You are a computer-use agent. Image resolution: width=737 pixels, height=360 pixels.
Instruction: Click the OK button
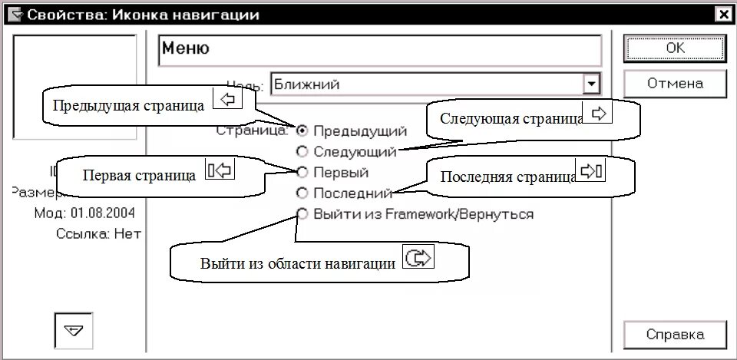pyautogui.click(x=675, y=48)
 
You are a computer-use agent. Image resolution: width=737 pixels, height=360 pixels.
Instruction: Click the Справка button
pyautogui.click(x=675, y=335)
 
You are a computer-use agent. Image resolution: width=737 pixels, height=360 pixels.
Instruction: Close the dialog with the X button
pyautogui.click(x=722, y=15)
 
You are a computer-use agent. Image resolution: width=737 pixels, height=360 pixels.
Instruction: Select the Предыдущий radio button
pyautogui.click(x=302, y=131)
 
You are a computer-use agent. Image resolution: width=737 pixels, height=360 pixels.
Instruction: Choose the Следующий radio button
pyautogui.click(x=302, y=151)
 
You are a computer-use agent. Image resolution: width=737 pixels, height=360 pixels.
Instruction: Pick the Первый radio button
pyautogui.click(x=302, y=172)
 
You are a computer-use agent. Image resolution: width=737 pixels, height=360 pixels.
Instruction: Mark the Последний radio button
pyautogui.click(x=302, y=193)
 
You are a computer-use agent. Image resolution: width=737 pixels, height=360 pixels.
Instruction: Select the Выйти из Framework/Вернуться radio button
pyautogui.click(x=302, y=213)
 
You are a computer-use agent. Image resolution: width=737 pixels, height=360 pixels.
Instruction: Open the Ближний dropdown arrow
pyautogui.click(x=591, y=84)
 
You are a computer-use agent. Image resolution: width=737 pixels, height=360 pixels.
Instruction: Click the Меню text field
pyautogui.click(x=379, y=49)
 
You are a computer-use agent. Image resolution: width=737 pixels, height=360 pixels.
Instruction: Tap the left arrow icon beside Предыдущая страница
pyautogui.click(x=226, y=100)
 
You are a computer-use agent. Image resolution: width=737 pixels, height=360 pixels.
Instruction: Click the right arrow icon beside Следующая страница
pyautogui.click(x=600, y=113)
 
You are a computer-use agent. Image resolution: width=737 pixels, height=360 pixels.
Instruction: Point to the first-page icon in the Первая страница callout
pyautogui.click(x=219, y=170)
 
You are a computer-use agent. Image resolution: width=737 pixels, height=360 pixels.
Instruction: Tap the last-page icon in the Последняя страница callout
pyautogui.click(x=592, y=170)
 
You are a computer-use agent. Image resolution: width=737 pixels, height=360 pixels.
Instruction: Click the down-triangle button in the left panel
pyautogui.click(x=74, y=330)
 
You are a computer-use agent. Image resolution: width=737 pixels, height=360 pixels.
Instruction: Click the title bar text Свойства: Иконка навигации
pyautogui.click(x=143, y=15)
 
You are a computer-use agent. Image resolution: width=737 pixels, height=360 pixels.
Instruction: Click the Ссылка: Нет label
pyautogui.click(x=99, y=233)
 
